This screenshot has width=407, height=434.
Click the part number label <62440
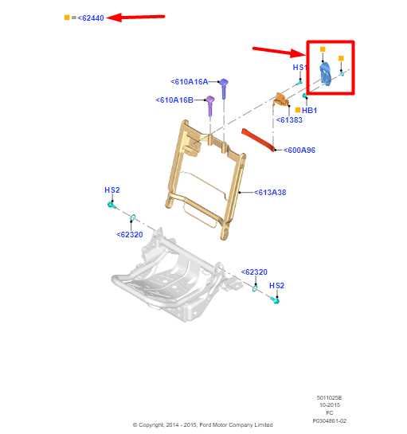tap(91, 17)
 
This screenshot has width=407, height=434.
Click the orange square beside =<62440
tap(67, 17)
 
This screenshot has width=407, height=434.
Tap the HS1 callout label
tap(299, 68)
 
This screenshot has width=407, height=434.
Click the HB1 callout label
tap(309, 110)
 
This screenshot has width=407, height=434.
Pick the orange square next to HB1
tap(297, 110)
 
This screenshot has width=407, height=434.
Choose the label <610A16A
tap(189, 81)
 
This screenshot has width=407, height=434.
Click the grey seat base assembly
tap(171, 275)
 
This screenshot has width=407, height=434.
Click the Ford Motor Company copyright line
tap(202, 424)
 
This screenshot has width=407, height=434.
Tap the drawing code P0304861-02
tap(329, 420)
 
